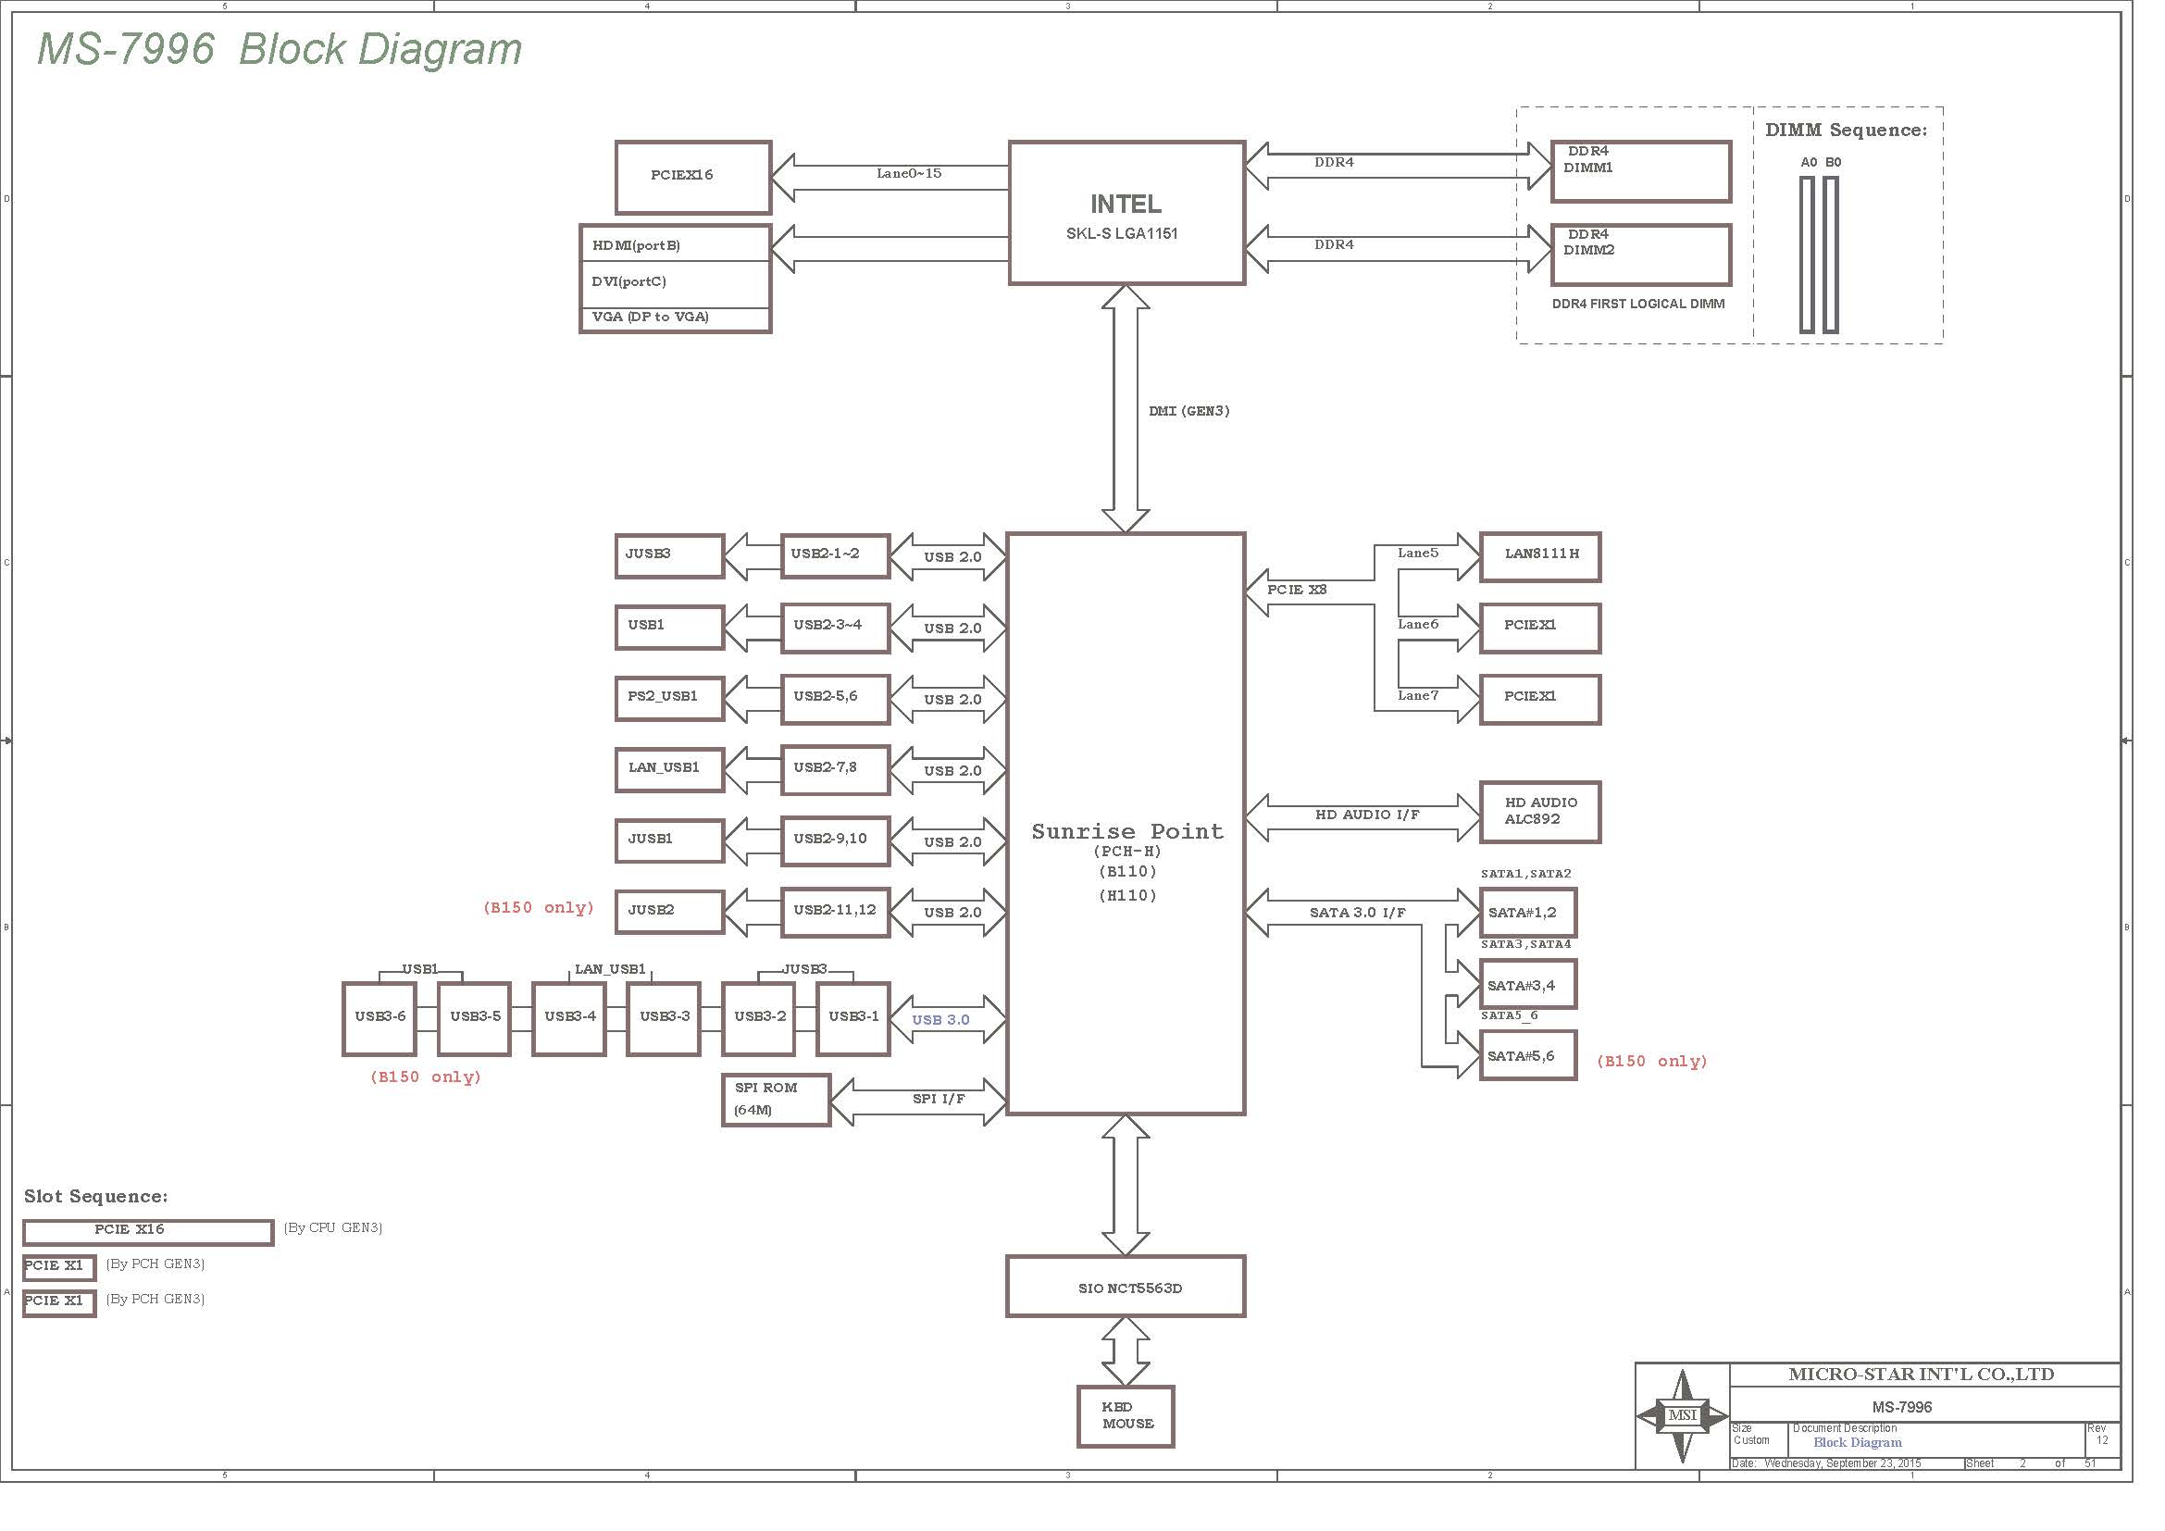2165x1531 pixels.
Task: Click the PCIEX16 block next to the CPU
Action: tap(693, 177)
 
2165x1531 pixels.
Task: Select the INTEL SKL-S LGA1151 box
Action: tap(1126, 212)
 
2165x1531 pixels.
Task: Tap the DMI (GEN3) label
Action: tap(1189, 411)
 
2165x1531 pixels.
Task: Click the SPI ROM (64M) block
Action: tap(776, 1100)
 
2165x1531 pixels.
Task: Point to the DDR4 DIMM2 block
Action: tap(1642, 255)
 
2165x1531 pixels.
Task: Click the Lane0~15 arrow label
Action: tap(909, 173)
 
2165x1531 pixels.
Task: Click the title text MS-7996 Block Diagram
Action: tap(280, 49)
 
